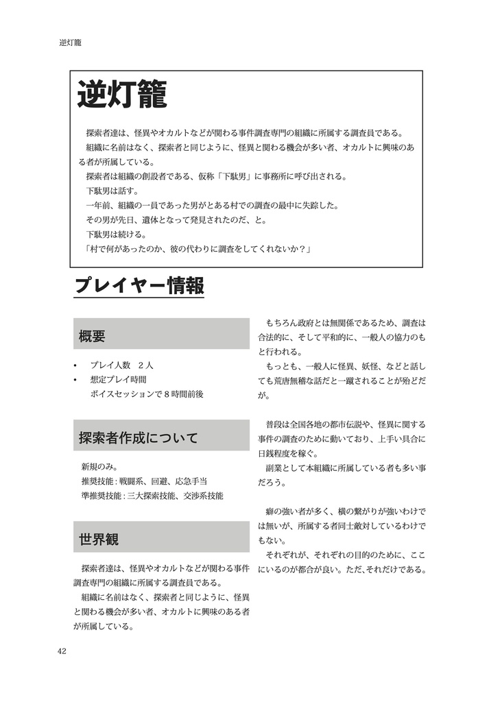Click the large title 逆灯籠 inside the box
(121, 95)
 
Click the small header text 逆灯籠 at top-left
(70, 43)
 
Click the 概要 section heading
(92, 336)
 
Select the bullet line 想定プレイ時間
(118, 379)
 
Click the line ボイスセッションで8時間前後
(147, 394)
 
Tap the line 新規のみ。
(100, 467)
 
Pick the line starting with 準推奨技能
(152, 496)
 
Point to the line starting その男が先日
(176, 220)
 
